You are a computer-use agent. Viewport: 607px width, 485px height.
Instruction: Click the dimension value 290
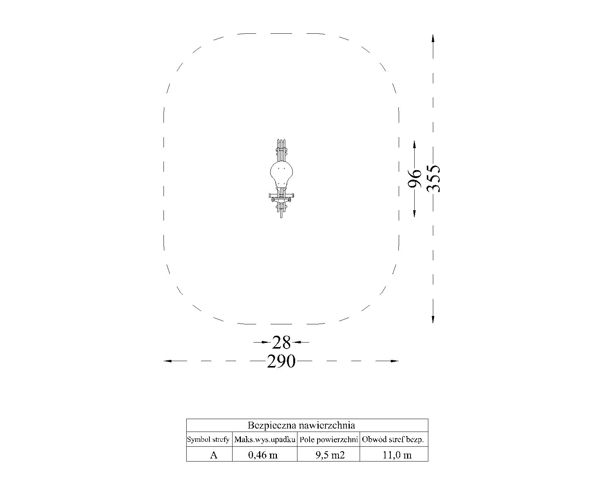(281, 361)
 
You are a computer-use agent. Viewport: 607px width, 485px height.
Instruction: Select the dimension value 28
(281, 343)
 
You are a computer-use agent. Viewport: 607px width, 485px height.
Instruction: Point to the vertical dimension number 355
(433, 179)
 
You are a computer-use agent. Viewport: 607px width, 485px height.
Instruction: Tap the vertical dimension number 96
(414, 179)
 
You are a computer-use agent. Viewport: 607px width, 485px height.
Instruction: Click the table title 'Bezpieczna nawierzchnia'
(301, 425)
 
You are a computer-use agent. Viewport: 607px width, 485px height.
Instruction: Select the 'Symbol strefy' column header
(208, 440)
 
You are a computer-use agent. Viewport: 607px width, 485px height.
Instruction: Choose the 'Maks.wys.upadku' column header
(264, 440)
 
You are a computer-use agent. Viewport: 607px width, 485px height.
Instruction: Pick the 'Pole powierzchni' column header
(329, 440)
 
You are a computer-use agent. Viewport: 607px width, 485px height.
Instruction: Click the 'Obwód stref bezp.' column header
(393, 440)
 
